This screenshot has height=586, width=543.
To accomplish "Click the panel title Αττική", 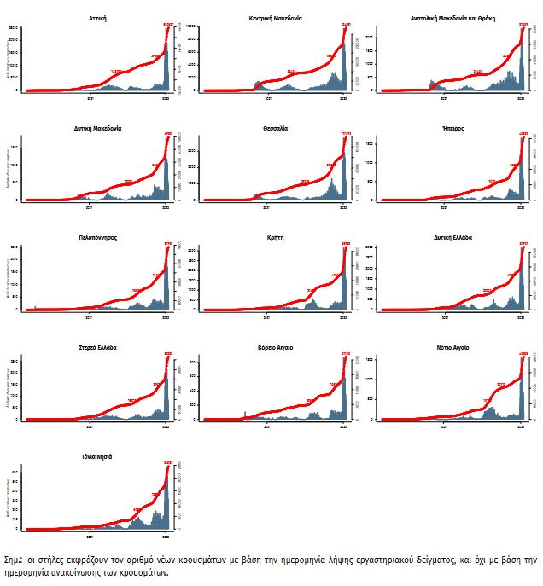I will (x=97, y=17).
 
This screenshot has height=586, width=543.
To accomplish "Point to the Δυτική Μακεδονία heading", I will (x=97, y=128).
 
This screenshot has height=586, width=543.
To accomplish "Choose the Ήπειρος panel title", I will (x=452, y=128).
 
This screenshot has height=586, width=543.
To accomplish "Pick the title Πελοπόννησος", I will (x=97, y=238).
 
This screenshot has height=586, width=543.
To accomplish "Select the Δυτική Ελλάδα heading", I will (x=452, y=238).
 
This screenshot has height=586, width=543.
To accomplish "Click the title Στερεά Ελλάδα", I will (x=97, y=348).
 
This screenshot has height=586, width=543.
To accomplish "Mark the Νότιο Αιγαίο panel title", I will (x=452, y=348).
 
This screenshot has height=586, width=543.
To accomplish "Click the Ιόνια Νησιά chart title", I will (x=97, y=457).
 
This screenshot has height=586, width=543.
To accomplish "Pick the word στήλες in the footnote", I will (x=50, y=560).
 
